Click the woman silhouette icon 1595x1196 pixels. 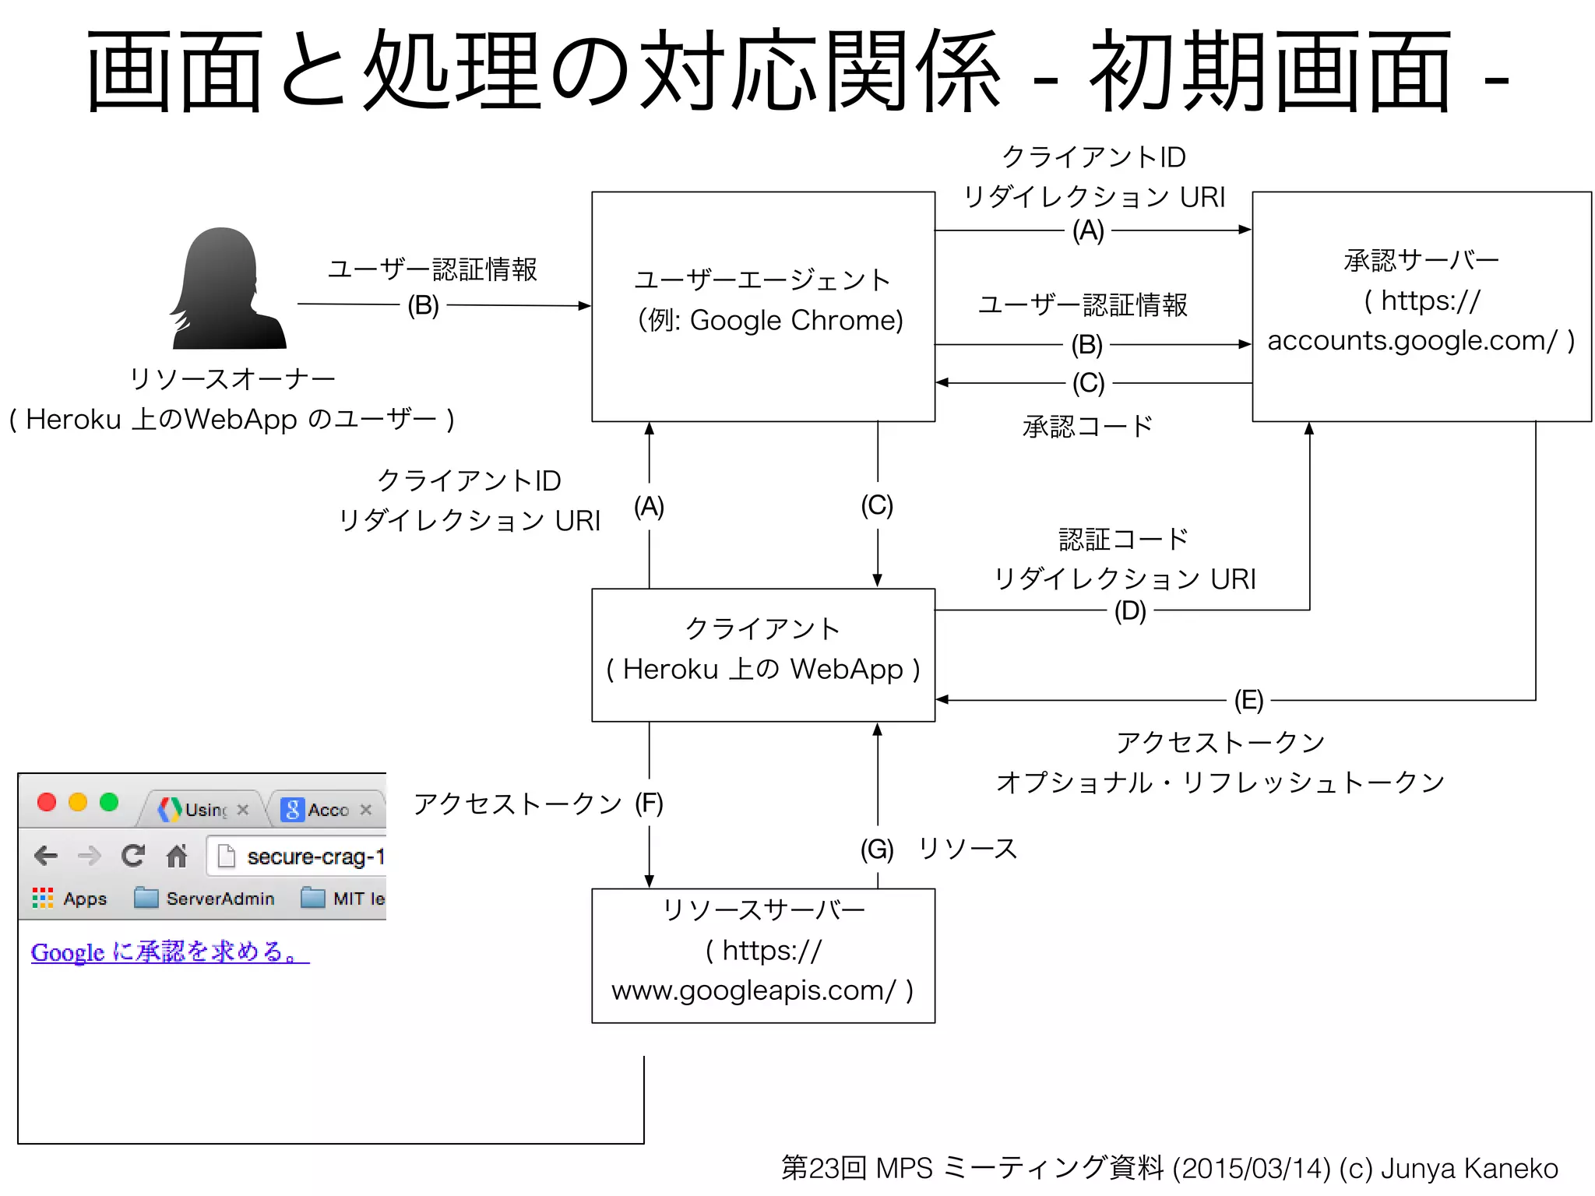pos(227,290)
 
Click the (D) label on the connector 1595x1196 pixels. pos(1129,611)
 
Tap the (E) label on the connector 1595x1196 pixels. pos(1248,700)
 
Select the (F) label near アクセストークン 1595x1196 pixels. pos(649,804)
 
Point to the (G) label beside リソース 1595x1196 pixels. pos(877,849)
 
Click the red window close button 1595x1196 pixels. pos(47,802)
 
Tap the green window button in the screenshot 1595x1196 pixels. pos(109,802)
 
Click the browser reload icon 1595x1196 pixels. pos(133,856)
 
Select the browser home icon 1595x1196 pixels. pos(177,856)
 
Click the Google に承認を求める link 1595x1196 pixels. pos(170,952)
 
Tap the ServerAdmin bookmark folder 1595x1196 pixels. pos(205,899)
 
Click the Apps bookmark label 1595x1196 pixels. pos(84,899)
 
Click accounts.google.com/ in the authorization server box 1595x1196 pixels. pos(1411,340)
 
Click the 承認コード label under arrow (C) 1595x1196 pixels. pos(1087,426)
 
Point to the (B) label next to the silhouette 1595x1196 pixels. pos(423,305)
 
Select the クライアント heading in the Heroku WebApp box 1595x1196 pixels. pos(762,628)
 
